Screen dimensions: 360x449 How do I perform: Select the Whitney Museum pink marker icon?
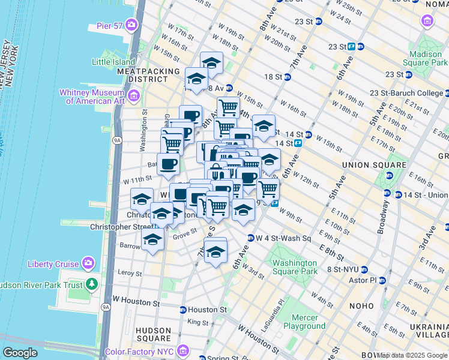tap(134, 95)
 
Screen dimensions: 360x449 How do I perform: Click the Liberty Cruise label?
tap(53, 264)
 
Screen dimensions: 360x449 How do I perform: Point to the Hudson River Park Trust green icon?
tap(92, 284)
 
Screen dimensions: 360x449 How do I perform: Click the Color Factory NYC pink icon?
tap(184, 350)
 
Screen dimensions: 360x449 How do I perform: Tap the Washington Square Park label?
tap(294, 267)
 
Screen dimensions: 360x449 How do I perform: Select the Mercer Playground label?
tap(309, 322)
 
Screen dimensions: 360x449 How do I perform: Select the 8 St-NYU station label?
tap(343, 269)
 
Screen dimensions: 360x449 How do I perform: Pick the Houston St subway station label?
tap(207, 310)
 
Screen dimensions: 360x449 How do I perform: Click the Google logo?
tap(20, 353)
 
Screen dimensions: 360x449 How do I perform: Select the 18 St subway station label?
tap(273, 77)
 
